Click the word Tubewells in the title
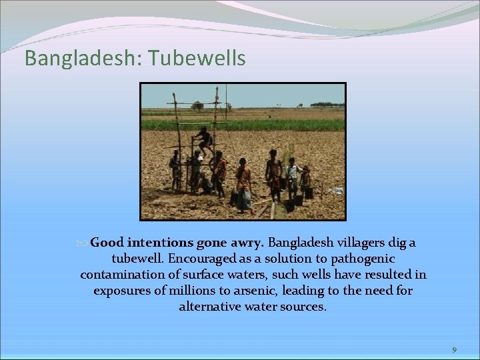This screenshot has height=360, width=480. (198, 58)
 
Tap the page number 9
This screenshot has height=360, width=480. (454, 350)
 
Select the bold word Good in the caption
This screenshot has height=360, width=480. (106, 242)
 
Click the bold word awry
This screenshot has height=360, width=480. (245, 242)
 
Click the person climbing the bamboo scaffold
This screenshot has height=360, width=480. (205, 141)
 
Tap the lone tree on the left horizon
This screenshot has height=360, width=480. (197, 105)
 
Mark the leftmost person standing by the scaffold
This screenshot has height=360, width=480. (175, 169)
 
